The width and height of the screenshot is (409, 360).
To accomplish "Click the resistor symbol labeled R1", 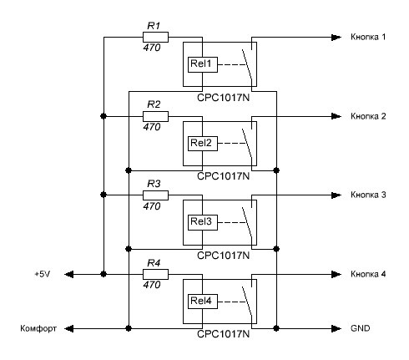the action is pyautogui.click(x=155, y=37).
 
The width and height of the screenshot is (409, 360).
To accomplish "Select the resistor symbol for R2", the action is pyautogui.click(x=155, y=116).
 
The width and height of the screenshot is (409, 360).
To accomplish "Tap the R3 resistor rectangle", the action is pyautogui.click(x=155, y=195).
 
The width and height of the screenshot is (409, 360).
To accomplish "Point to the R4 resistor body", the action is pyautogui.click(x=155, y=274).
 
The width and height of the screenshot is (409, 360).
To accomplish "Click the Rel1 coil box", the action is pyautogui.click(x=203, y=64).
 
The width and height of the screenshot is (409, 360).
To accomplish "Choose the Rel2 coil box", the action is pyautogui.click(x=203, y=144).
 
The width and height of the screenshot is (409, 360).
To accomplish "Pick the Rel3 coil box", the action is pyautogui.click(x=203, y=222).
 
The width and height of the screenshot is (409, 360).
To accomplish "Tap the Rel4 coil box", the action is pyautogui.click(x=203, y=302).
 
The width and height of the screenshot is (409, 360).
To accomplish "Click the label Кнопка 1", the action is pyautogui.click(x=368, y=37).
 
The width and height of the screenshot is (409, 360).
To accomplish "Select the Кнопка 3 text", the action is pyautogui.click(x=368, y=195).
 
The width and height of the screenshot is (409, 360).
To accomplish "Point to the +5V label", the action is pyautogui.click(x=43, y=274).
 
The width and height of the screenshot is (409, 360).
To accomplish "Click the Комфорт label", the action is pyautogui.click(x=38, y=329).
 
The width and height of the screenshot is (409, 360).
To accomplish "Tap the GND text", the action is pyautogui.click(x=361, y=328).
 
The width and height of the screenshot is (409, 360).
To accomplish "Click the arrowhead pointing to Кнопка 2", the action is pyautogui.click(x=336, y=116).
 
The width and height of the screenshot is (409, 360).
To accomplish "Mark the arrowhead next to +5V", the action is pyautogui.click(x=69, y=274).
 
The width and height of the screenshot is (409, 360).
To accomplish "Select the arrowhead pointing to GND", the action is pyautogui.click(x=336, y=328).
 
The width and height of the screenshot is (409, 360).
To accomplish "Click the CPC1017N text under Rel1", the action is pyautogui.click(x=223, y=98).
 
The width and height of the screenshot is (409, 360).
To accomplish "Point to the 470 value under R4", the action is pyautogui.click(x=152, y=285).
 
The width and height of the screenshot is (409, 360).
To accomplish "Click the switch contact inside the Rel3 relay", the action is pyautogui.click(x=247, y=223).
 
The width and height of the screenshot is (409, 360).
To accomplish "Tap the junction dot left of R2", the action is pyautogui.click(x=104, y=116).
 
